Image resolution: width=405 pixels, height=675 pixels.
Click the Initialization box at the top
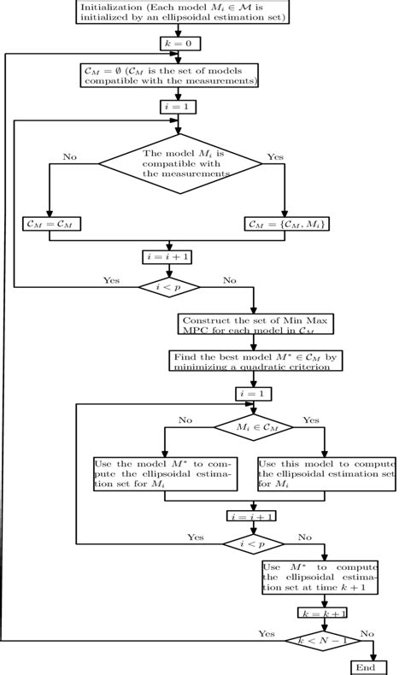pos(184,12)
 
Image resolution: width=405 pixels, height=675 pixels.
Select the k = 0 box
pos(179,43)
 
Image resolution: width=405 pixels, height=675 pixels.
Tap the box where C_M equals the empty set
pos(178,75)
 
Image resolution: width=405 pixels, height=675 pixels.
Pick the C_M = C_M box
pos(50,224)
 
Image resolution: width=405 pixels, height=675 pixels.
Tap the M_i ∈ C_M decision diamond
pos(253,425)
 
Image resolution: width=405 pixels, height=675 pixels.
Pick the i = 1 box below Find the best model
pos(254,393)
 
